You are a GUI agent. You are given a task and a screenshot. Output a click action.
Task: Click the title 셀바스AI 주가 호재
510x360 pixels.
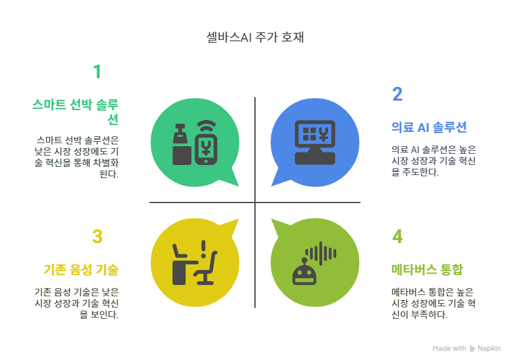click(x=255, y=37)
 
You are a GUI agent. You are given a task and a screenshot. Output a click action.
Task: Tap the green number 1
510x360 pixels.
click(x=97, y=71)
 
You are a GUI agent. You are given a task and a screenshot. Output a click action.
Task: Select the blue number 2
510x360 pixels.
click(x=397, y=94)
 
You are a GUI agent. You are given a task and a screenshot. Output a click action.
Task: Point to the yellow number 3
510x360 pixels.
click(x=97, y=236)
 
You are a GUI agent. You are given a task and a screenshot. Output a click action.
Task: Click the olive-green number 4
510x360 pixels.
click(x=397, y=237)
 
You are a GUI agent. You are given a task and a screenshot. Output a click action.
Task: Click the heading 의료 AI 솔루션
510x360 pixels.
click(x=429, y=127)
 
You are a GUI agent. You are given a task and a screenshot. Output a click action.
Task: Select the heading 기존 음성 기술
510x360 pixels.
click(x=81, y=269)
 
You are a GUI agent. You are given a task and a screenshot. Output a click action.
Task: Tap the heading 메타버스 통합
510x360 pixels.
click(x=422, y=269)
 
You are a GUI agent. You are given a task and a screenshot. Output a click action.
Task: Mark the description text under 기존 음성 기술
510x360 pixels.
click(x=77, y=303)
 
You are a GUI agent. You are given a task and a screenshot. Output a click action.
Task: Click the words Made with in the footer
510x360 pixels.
click(x=449, y=348)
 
